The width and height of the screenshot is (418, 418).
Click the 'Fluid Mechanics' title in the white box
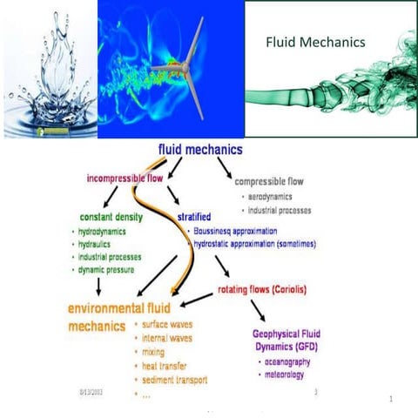(314, 41)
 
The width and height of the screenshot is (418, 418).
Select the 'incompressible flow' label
(125, 179)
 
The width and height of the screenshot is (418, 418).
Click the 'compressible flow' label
(269, 182)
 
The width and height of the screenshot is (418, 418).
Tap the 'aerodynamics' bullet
(273, 198)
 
